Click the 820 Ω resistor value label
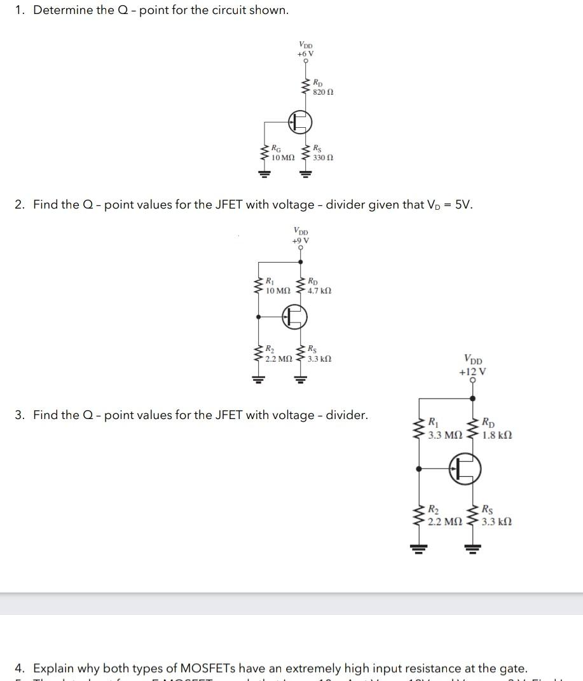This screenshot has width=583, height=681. click(x=323, y=92)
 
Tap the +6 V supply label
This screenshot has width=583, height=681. click(x=305, y=54)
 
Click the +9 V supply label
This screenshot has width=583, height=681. click(x=301, y=240)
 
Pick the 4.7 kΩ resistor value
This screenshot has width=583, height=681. click(x=319, y=291)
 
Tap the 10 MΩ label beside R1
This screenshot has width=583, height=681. click(x=278, y=291)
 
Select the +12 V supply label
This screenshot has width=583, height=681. click(x=472, y=372)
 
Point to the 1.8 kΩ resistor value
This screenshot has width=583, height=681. click(x=497, y=436)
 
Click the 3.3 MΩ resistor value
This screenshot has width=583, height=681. click(x=445, y=436)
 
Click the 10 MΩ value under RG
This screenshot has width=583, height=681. click(x=282, y=157)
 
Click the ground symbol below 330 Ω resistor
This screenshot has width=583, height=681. click(x=306, y=173)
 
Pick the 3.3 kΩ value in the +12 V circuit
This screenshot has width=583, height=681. click(x=497, y=522)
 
